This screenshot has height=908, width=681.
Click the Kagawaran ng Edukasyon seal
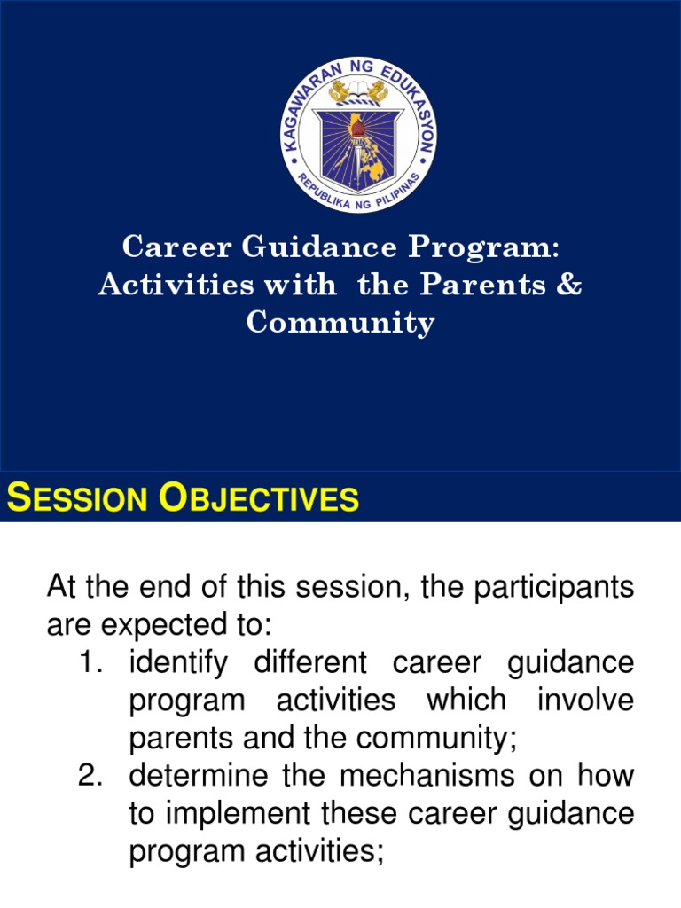click(x=358, y=136)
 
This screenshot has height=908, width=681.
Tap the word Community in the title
click(x=340, y=324)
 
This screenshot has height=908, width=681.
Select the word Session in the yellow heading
click(x=77, y=499)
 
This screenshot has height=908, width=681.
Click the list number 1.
click(x=92, y=662)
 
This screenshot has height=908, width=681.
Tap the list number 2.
click(x=92, y=776)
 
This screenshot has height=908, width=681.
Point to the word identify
click(x=176, y=662)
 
